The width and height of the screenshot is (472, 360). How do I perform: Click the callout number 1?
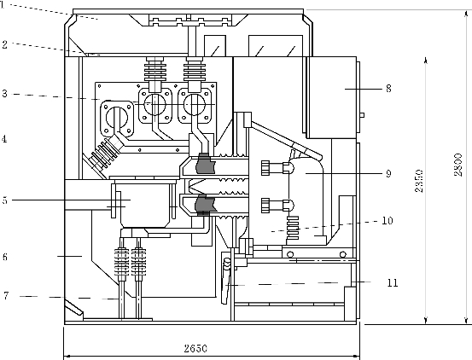coord(2,5)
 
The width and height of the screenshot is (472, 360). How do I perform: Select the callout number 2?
coord(4,44)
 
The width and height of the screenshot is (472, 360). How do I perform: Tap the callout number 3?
coord(4,94)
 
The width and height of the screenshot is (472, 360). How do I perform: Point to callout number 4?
coord(4,139)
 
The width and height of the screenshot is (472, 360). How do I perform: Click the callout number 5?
coord(5,200)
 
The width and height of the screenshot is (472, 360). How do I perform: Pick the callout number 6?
coord(5,257)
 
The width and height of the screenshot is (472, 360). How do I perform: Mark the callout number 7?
coord(6,296)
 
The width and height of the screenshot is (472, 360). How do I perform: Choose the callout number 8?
coord(388,89)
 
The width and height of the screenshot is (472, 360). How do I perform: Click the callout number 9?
coord(388,173)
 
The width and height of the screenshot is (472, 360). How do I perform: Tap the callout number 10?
coord(388,221)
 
